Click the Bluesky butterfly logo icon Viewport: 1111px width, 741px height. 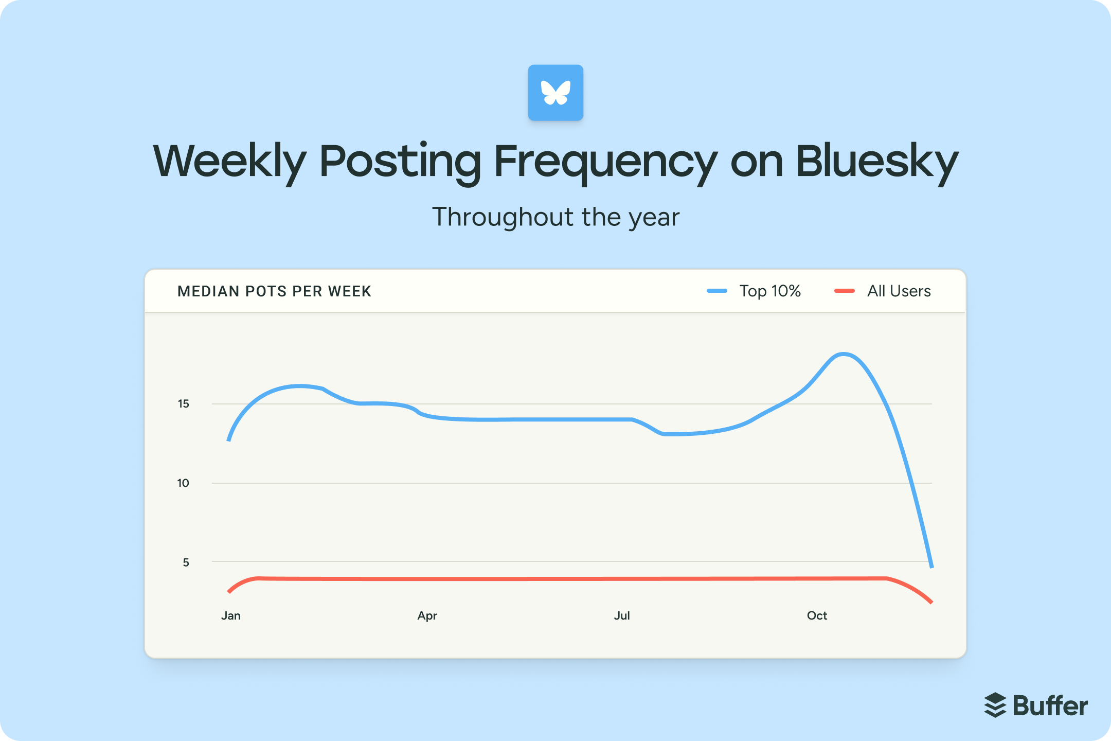click(x=555, y=93)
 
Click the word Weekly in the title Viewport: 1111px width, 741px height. click(x=229, y=162)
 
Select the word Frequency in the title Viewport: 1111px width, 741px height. click(x=605, y=162)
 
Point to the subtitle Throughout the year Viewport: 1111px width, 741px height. click(x=555, y=217)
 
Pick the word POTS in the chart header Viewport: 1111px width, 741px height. click(x=266, y=291)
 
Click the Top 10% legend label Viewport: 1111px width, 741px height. click(x=770, y=291)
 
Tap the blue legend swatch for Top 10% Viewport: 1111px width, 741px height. click(x=717, y=291)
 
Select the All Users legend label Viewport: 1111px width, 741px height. click(x=899, y=291)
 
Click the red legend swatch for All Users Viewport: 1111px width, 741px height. click(x=845, y=291)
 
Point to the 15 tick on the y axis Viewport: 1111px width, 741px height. click(x=184, y=404)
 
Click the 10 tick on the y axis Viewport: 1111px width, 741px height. click(x=183, y=483)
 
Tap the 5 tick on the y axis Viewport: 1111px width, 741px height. click(x=186, y=562)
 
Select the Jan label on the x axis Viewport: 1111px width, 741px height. click(x=231, y=615)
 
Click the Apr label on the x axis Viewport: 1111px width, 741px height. click(x=427, y=615)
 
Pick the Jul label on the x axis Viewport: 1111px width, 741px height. click(x=622, y=615)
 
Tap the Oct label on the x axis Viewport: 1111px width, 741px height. click(x=817, y=615)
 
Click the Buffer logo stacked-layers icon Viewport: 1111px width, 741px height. click(x=995, y=705)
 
